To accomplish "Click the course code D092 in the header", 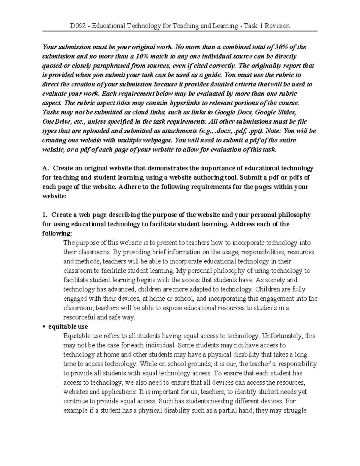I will click(x=77, y=26).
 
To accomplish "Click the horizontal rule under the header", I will click(x=180, y=31).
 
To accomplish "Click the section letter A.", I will click(x=45, y=168).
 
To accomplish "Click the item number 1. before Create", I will click(x=45, y=215).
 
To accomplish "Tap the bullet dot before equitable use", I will click(x=44, y=327).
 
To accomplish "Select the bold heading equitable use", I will click(x=68, y=326).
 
